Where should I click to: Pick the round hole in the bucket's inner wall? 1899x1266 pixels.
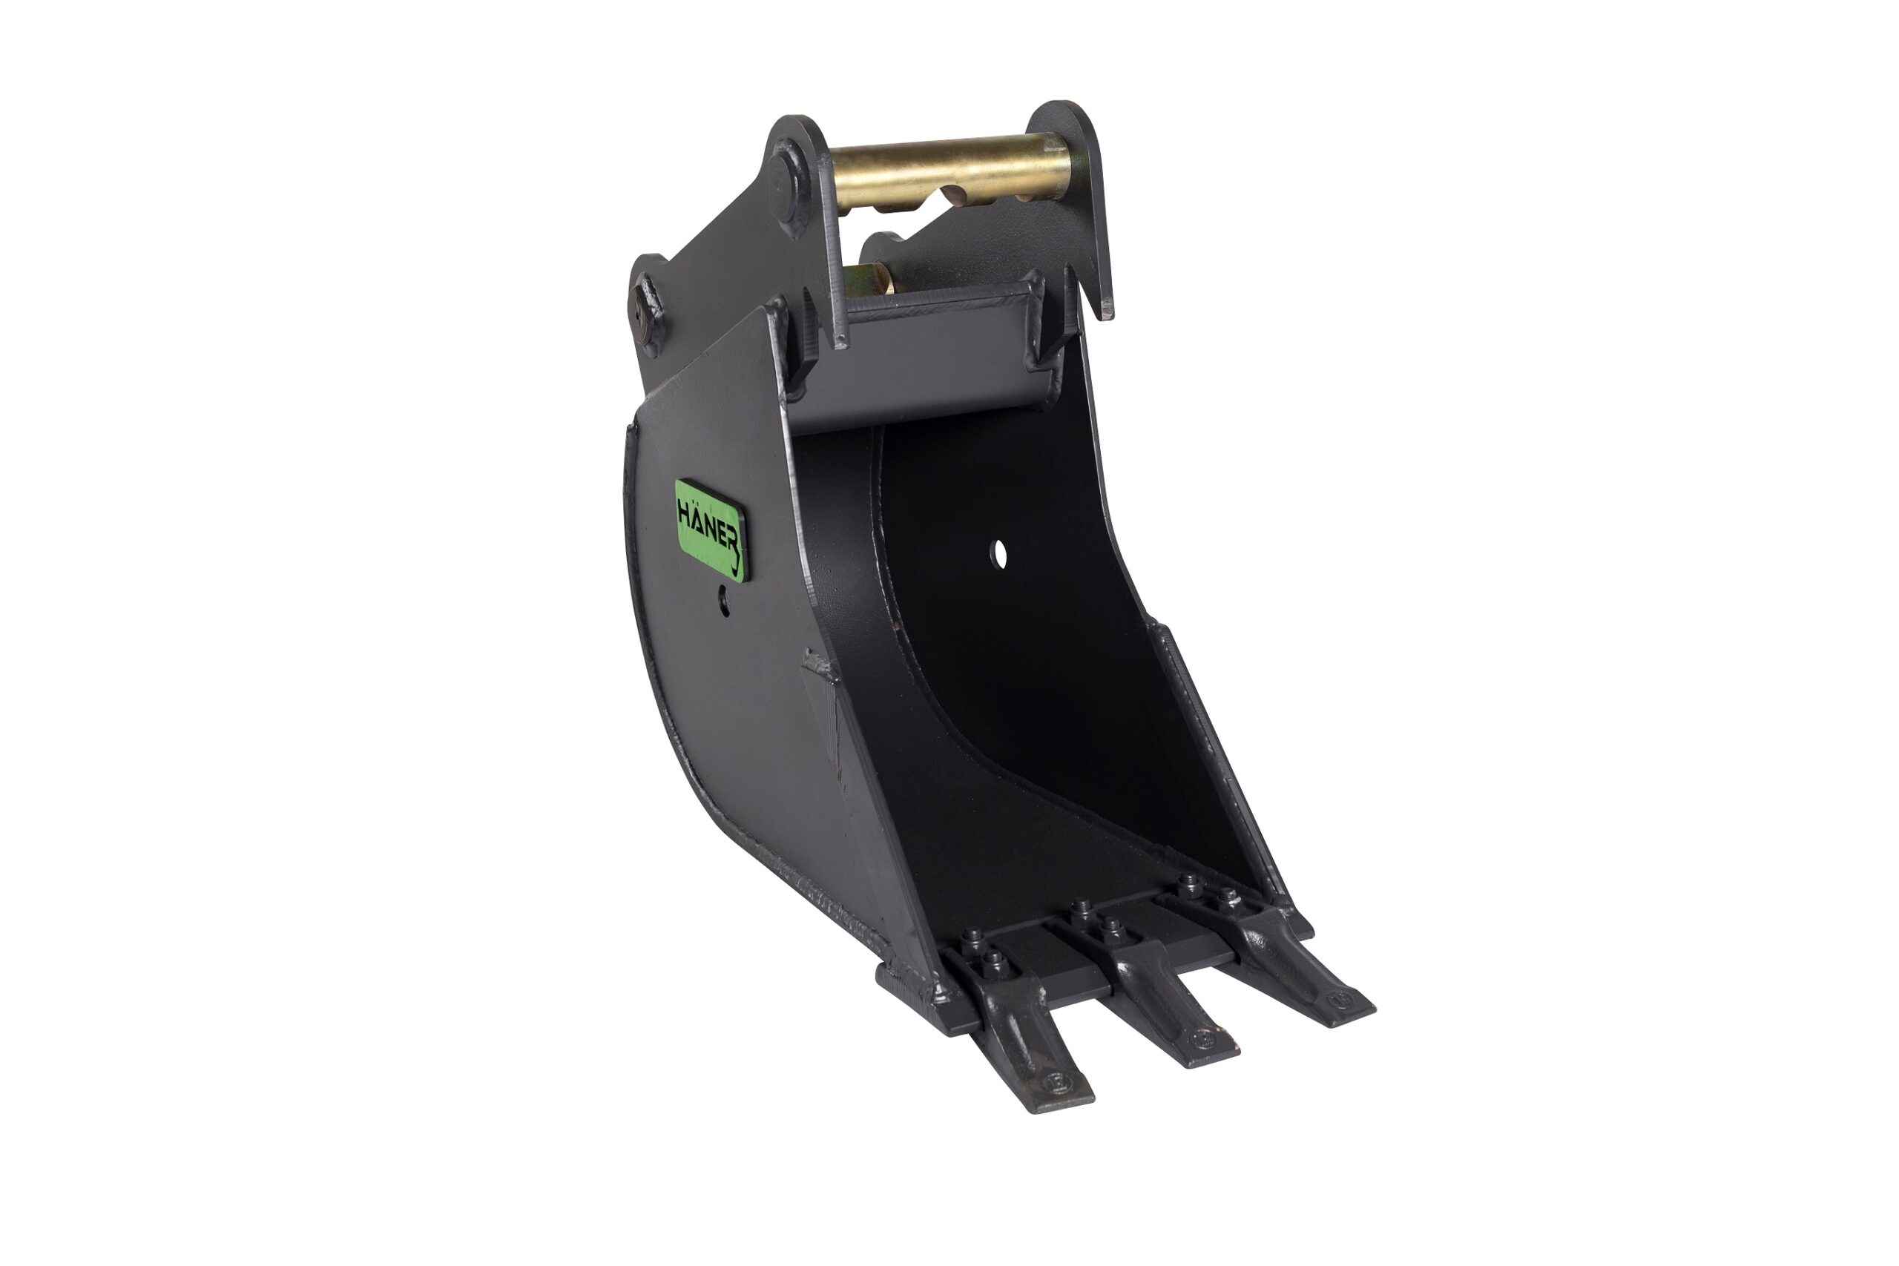point(1001,554)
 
